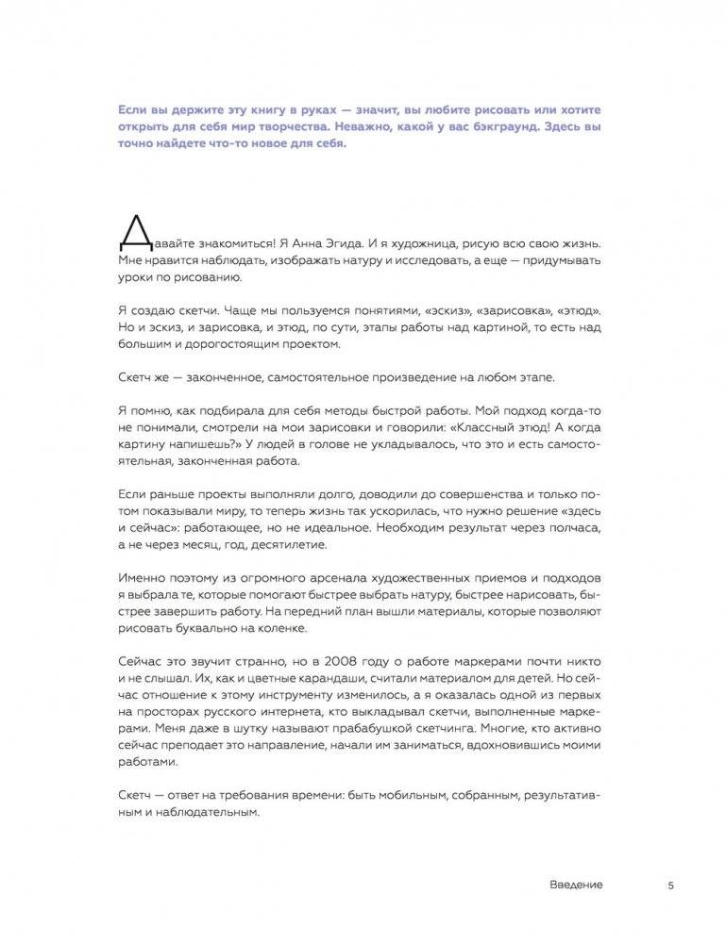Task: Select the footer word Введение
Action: pos(575,885)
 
